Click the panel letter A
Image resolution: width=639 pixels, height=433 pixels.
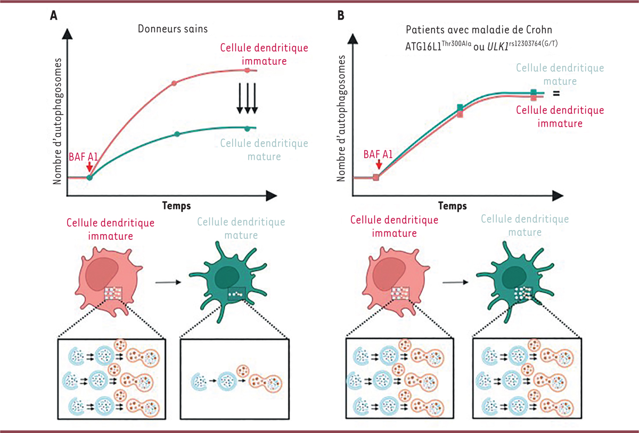pos(54,16)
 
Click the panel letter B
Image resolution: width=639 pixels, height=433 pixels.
pos(341,16)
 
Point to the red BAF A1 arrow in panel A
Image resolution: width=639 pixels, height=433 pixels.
pos(89,166)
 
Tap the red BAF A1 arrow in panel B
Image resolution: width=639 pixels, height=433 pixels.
pos(377,166)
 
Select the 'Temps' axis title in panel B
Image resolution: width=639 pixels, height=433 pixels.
pos(453,205)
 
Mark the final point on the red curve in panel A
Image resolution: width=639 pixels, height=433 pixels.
pos(247,70)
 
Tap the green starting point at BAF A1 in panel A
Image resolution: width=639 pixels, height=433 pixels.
pos(89,177)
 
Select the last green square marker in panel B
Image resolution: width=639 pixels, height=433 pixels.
pos(533,93)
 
